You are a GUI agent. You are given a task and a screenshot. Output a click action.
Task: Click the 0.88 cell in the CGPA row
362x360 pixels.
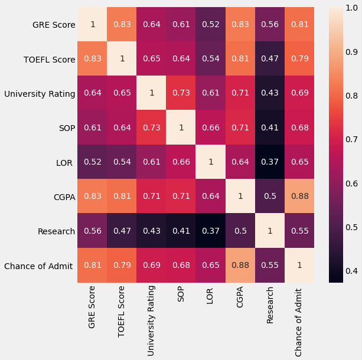click(x=299, y=197)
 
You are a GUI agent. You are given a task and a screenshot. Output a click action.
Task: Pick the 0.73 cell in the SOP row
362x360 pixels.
click(x=152, y=127)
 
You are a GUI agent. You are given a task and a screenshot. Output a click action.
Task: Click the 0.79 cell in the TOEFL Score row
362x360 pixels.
click(x=299, y=59)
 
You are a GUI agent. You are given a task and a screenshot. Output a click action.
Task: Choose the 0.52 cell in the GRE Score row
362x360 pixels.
click(x=211, y=25)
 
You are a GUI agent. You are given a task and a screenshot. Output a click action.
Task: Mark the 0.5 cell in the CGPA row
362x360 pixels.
click(x=270, y=197)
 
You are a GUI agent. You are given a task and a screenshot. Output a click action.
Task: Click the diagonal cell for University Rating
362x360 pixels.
click(x=152, y=93)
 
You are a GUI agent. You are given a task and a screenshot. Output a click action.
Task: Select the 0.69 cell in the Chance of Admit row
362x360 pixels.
click(x=152, y=266)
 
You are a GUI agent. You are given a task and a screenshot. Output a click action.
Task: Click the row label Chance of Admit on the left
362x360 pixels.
click(x=38, y=266)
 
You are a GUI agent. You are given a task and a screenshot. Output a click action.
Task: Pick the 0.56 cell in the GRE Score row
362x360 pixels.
click(x=270, y=25)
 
